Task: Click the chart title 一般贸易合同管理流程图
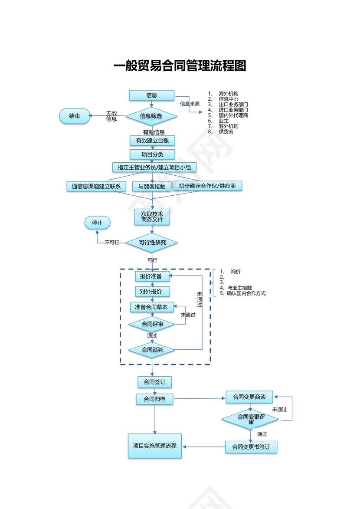180,66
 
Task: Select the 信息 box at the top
151,95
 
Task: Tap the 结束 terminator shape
75,116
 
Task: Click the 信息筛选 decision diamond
151,116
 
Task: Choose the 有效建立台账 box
152,141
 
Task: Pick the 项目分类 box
152,154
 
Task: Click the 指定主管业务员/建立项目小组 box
154,167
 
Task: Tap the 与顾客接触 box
151,187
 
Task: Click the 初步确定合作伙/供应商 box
207,186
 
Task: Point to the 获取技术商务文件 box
152,217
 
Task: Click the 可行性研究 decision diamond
152,243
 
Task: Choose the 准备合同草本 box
152,307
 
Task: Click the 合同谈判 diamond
152,350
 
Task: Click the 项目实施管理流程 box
155,446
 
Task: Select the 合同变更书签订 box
251,447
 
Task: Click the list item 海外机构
228,94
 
